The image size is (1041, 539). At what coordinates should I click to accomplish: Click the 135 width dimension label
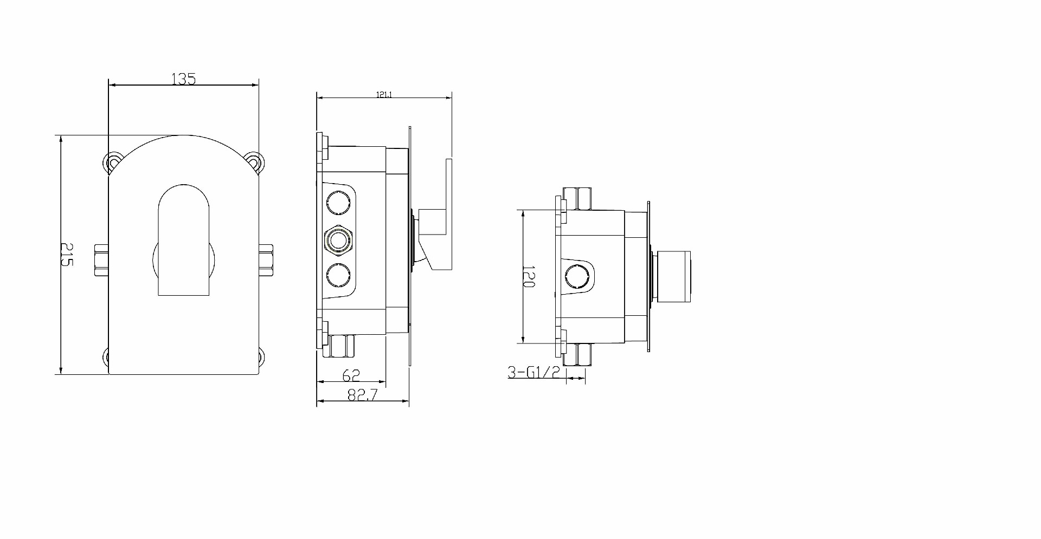click(183, 79)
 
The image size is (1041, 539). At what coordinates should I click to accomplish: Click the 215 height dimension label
click(66, 254)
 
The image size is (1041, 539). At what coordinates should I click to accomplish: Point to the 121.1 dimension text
click(384, 95)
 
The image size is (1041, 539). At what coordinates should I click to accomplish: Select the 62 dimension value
click(351, 375)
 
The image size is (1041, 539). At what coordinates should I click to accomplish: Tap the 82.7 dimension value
click(362, 395)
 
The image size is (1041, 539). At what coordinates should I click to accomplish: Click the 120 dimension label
click(529, 276)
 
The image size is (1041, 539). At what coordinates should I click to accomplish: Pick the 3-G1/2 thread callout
click(534, 372)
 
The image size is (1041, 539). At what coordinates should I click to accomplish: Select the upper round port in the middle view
click(338, 204)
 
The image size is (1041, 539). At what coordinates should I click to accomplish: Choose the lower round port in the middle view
click(338, 275)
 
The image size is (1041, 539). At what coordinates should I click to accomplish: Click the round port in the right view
click(575, 277)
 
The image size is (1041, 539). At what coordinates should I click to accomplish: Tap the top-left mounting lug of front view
click(113, 162)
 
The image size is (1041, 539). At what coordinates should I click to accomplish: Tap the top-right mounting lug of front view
click(254, 160)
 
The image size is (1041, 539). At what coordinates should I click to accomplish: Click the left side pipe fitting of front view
click(101, 261)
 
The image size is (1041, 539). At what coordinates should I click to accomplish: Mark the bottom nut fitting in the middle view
click(342, 346)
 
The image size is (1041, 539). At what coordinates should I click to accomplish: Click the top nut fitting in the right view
click(577, 198)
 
